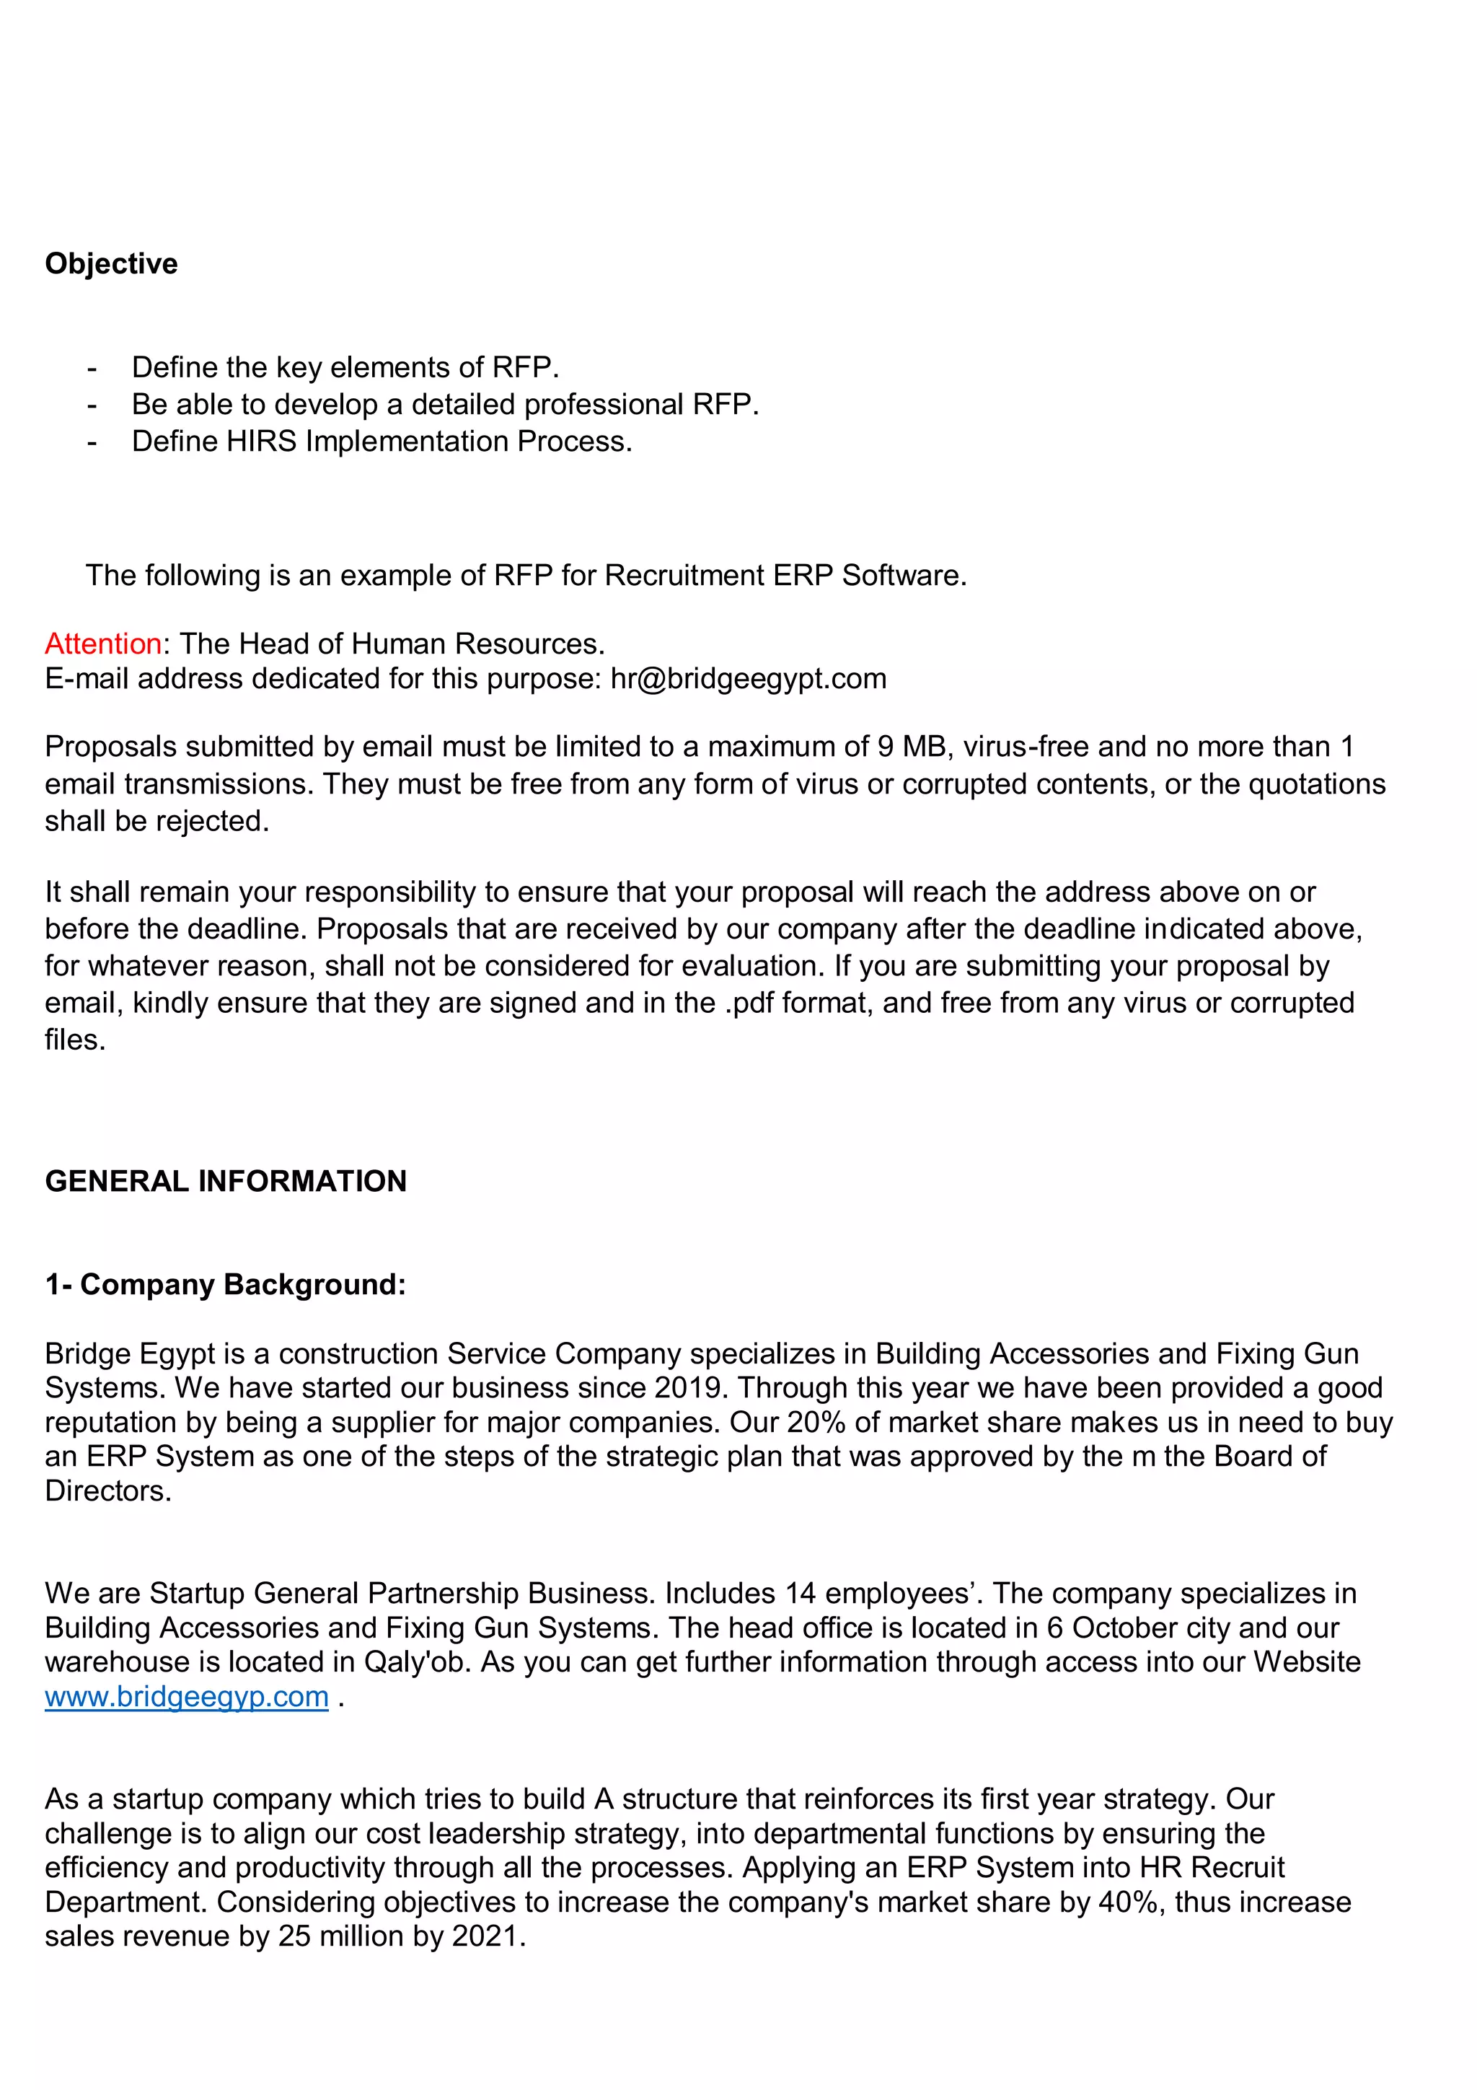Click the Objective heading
click(111, 263)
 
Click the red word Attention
click(103, 644)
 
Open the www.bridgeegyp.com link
click(187, 1697)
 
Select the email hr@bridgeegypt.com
click(748, 678)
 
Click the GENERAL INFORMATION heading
click(226, 1181)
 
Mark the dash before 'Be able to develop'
click(91, 404)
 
